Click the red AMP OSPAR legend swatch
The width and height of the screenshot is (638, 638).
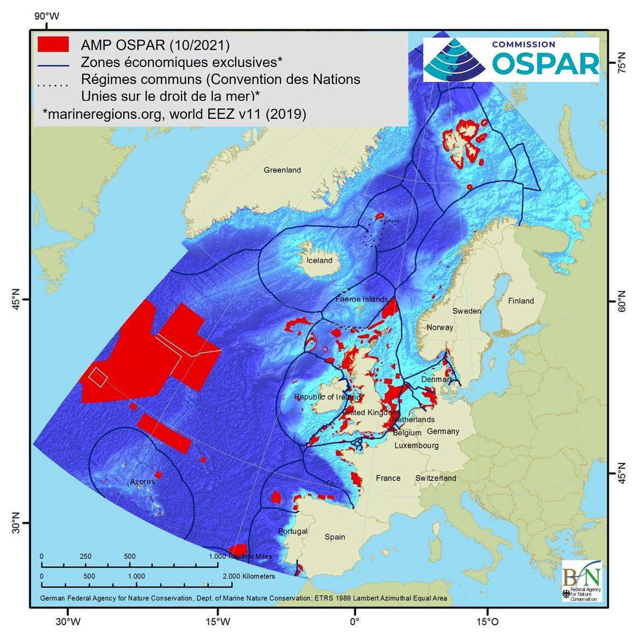pyautogui.click(x=53, y=44)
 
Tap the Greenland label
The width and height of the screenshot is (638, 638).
pyautogui.click(x=282, y=170)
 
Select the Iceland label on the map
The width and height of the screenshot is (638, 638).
pyautogui.click(x=319, y=261)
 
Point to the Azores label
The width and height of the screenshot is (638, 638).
pyautogui.click(x=142, y=481)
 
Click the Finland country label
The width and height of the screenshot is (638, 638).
pyautogui.click(x=521, y=300)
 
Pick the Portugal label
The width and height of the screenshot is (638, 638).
pyautogui.click(x=293, y=531)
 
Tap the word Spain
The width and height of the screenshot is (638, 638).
pyautogui.click(x=335, y=537)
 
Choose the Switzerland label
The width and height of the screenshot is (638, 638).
pyautogui.click(x=435, y=478)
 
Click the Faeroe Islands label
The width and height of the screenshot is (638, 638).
pyautogui.click(x=362, y=299)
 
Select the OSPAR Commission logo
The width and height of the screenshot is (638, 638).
pyautogui.click(x=511, y=59)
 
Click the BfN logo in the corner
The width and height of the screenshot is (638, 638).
pyautogui.click(x=581, y=582)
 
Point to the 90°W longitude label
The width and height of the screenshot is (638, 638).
pyautogui.click(x=47, y=16)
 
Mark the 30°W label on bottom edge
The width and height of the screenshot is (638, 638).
pyautogui.click(x=68, y=622)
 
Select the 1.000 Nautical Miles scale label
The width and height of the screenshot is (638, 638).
pyautogui.click(x=240, y=556)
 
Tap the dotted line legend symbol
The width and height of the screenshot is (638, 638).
pyautogui.click(x=53, y=85)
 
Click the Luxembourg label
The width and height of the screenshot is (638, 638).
pyautogui.click(x=417, y=446)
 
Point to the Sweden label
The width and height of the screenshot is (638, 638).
pyautogui.click(x=467, y=311)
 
